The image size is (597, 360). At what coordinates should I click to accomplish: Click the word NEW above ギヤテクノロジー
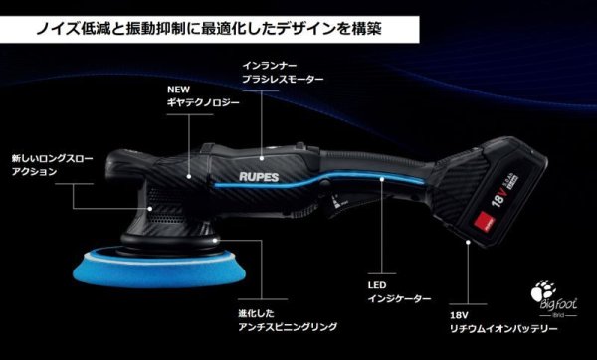[x=180, y=89]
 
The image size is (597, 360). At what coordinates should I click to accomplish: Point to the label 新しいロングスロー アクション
[x=46, y=164]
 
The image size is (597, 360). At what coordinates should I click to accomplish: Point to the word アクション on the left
[x=31, y=171]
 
